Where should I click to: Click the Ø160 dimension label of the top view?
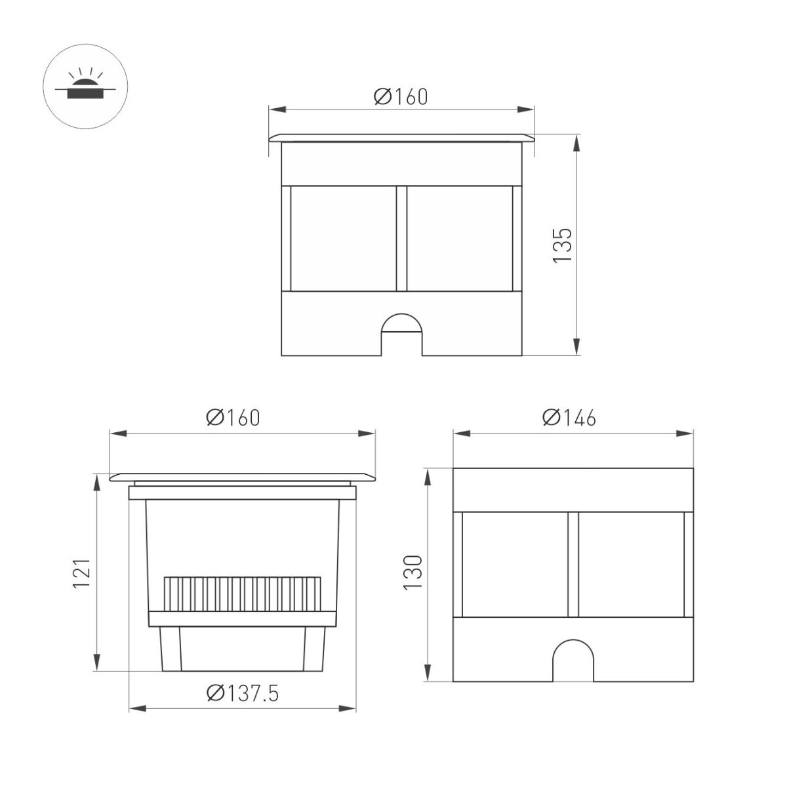[401, 96]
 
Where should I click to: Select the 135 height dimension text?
[563, 245]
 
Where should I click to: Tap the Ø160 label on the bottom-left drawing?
[232, 418]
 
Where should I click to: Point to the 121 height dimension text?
[81, 573]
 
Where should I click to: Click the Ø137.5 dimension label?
[242, 693]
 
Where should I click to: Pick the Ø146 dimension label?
[569, 418]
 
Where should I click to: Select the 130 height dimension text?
[412, 573]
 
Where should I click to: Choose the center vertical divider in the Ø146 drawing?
[573, 564]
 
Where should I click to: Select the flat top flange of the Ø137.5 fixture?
[243, 477]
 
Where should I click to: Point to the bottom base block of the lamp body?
[243, 648]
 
